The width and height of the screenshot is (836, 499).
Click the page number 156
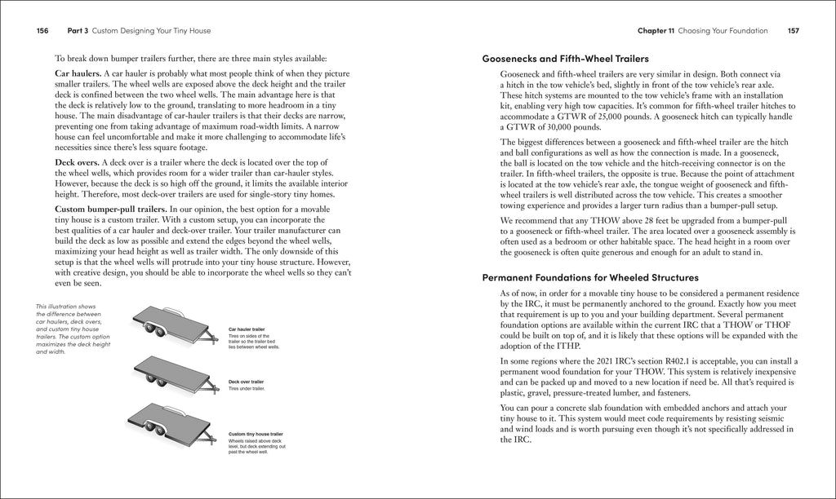tap(42, 31)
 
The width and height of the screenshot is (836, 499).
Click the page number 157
tap(793, 31)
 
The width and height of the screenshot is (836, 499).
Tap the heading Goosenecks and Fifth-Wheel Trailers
tap(565, 59)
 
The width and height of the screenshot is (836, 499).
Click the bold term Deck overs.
tap(76, 163)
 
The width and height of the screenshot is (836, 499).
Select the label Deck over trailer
tap(246, 382)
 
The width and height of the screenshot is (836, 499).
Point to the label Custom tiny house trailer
tap(256, 434)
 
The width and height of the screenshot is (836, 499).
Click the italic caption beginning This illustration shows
tap(67, 329)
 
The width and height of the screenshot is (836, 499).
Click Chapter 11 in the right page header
tap(656, 31)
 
